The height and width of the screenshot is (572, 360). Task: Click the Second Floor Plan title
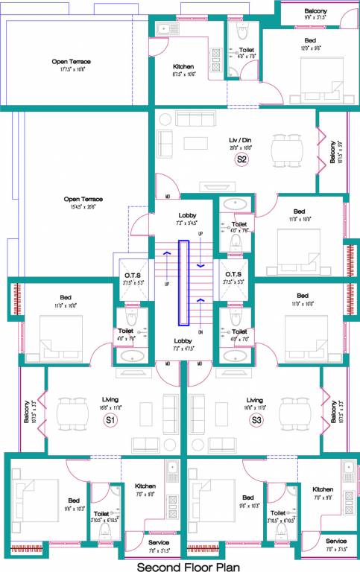(180, 565)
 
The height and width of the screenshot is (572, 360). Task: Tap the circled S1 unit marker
(110, 421)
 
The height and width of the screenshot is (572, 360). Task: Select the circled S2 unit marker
(241, 159)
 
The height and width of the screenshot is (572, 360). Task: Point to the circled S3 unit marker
(256, 421)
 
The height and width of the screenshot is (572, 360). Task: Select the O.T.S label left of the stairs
(130, 275)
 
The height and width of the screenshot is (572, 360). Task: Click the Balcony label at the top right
(315, 11)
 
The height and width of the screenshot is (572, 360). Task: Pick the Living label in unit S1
(110, 400)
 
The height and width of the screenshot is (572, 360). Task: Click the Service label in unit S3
(335, 541)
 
